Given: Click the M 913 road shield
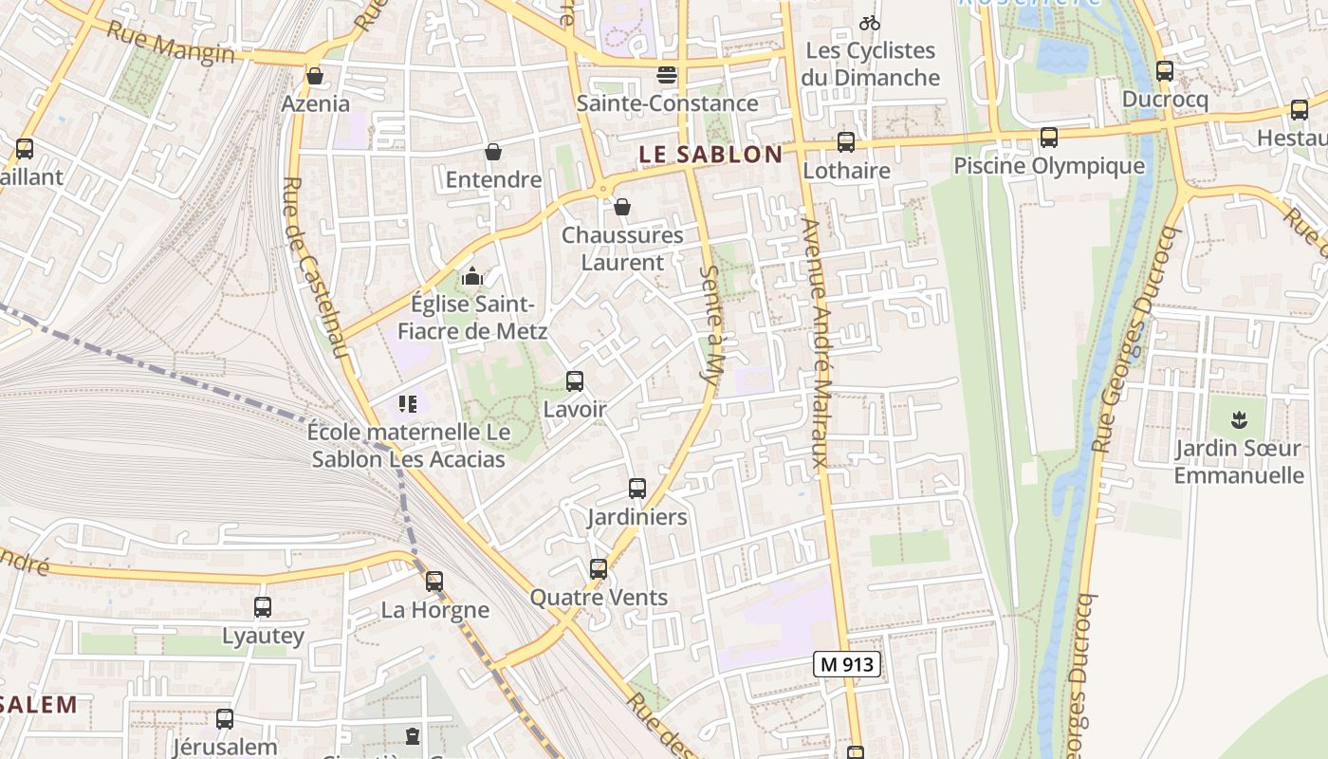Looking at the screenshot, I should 847,664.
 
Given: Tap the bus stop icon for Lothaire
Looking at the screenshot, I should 845,142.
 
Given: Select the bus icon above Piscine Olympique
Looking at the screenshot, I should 1048,138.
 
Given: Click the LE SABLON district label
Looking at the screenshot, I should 710,154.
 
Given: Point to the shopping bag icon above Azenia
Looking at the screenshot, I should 314,76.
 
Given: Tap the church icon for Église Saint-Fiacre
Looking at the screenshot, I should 471,277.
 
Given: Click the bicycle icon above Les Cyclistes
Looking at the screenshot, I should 869,23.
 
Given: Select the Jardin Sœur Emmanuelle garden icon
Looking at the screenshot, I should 1238,419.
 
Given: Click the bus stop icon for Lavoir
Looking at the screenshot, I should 574,381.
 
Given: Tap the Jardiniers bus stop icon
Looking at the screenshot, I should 636,489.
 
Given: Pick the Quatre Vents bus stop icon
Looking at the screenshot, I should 598,569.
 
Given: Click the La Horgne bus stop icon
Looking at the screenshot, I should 433,581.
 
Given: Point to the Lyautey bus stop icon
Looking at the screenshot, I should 263,606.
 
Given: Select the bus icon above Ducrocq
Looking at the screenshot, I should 1164,71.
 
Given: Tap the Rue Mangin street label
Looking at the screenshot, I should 171,43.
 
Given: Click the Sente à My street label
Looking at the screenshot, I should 711,327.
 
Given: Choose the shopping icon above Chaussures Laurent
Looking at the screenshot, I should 622,207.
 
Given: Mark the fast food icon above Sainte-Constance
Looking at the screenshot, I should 667,75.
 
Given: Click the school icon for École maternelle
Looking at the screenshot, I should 408,405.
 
